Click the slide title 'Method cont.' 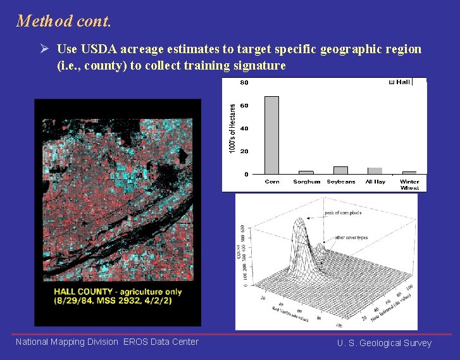pyautogui.click(x=64, y=21)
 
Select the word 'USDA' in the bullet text pyautogui.click(x=94, y=49)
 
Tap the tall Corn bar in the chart pyautogui.click(x=271, y=135)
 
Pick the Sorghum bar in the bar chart pyautogui.click(x=306, y=172)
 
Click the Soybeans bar pyautogui.click(x=340, y=170)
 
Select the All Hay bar pyautogui.click(x=375, y=171)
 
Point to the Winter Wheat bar pyautogui.click(x=409, y=173)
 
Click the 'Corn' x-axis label pyautogui.click(x=272, y=182)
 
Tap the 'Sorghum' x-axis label pyautogui.click(x=306, y=182)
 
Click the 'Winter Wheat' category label pyautogui.click(x=409, y=185)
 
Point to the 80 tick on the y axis pyautogui.click(x=244, y=82)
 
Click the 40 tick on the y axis pyautogui.click(x=244, y=128)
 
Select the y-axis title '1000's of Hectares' pyautogui.click(x=232, y=128)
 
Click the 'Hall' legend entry pyautogui.click(x=402, y=82)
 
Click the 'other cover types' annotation pyautogui.click(x=352, y=238)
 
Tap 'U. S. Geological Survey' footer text pyautogui.click(x=384, y=344)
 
